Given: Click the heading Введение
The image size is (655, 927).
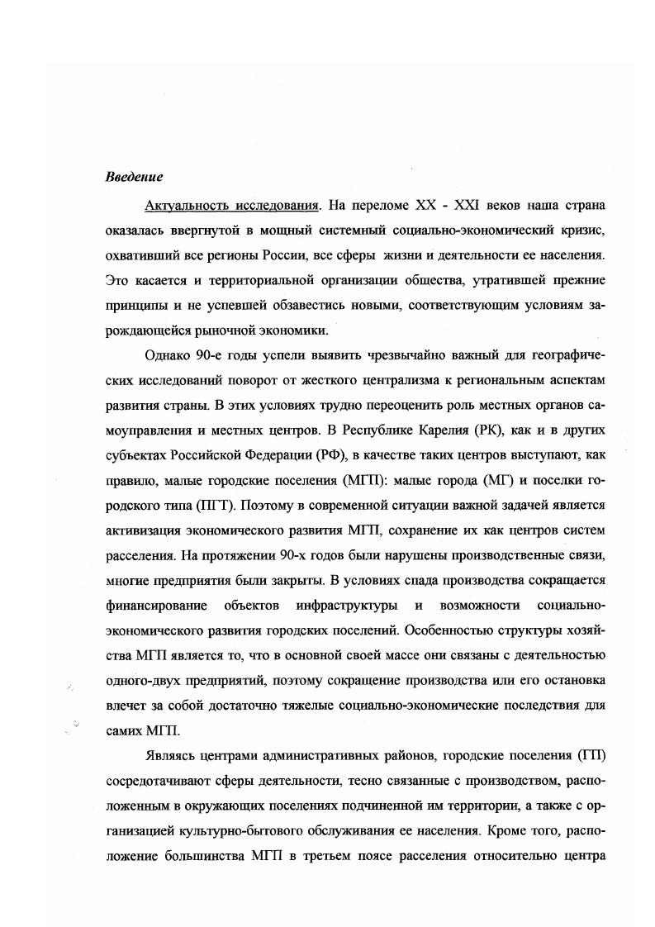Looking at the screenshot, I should tap(135, 178).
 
